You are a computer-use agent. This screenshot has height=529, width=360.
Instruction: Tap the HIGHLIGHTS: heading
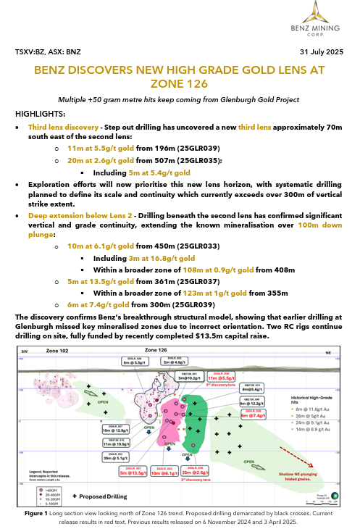pyautogui.click(x=43, y=114)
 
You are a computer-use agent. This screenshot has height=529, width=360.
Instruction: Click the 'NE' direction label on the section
pyautogui.click(x=327, y=351)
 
